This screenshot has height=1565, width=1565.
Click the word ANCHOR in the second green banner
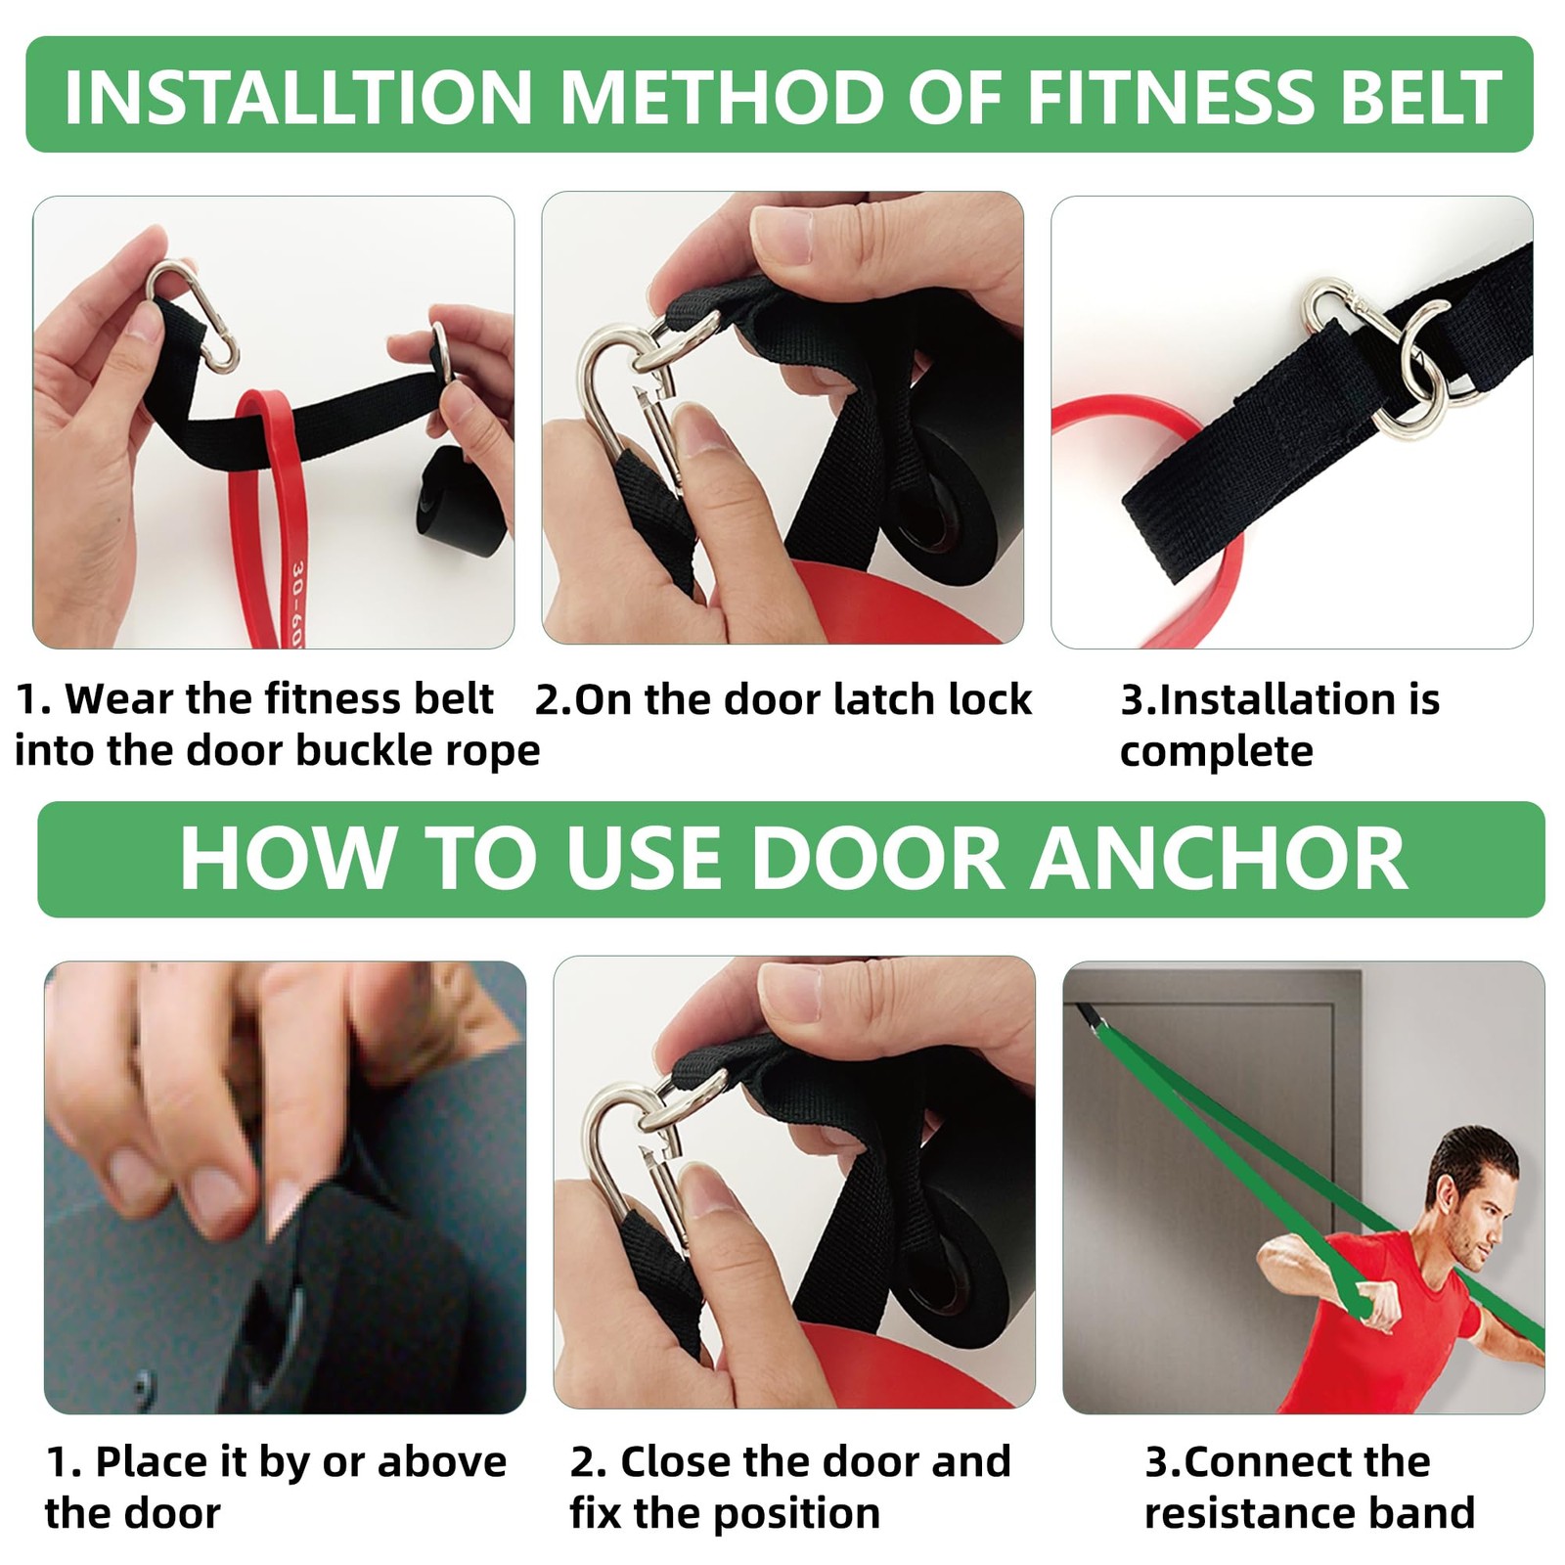coord(1222,858)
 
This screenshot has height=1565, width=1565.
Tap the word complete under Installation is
coord(1216,751)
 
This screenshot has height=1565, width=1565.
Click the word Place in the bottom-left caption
coord(156,1461)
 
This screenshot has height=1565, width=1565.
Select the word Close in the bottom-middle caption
coord(675,1461)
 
